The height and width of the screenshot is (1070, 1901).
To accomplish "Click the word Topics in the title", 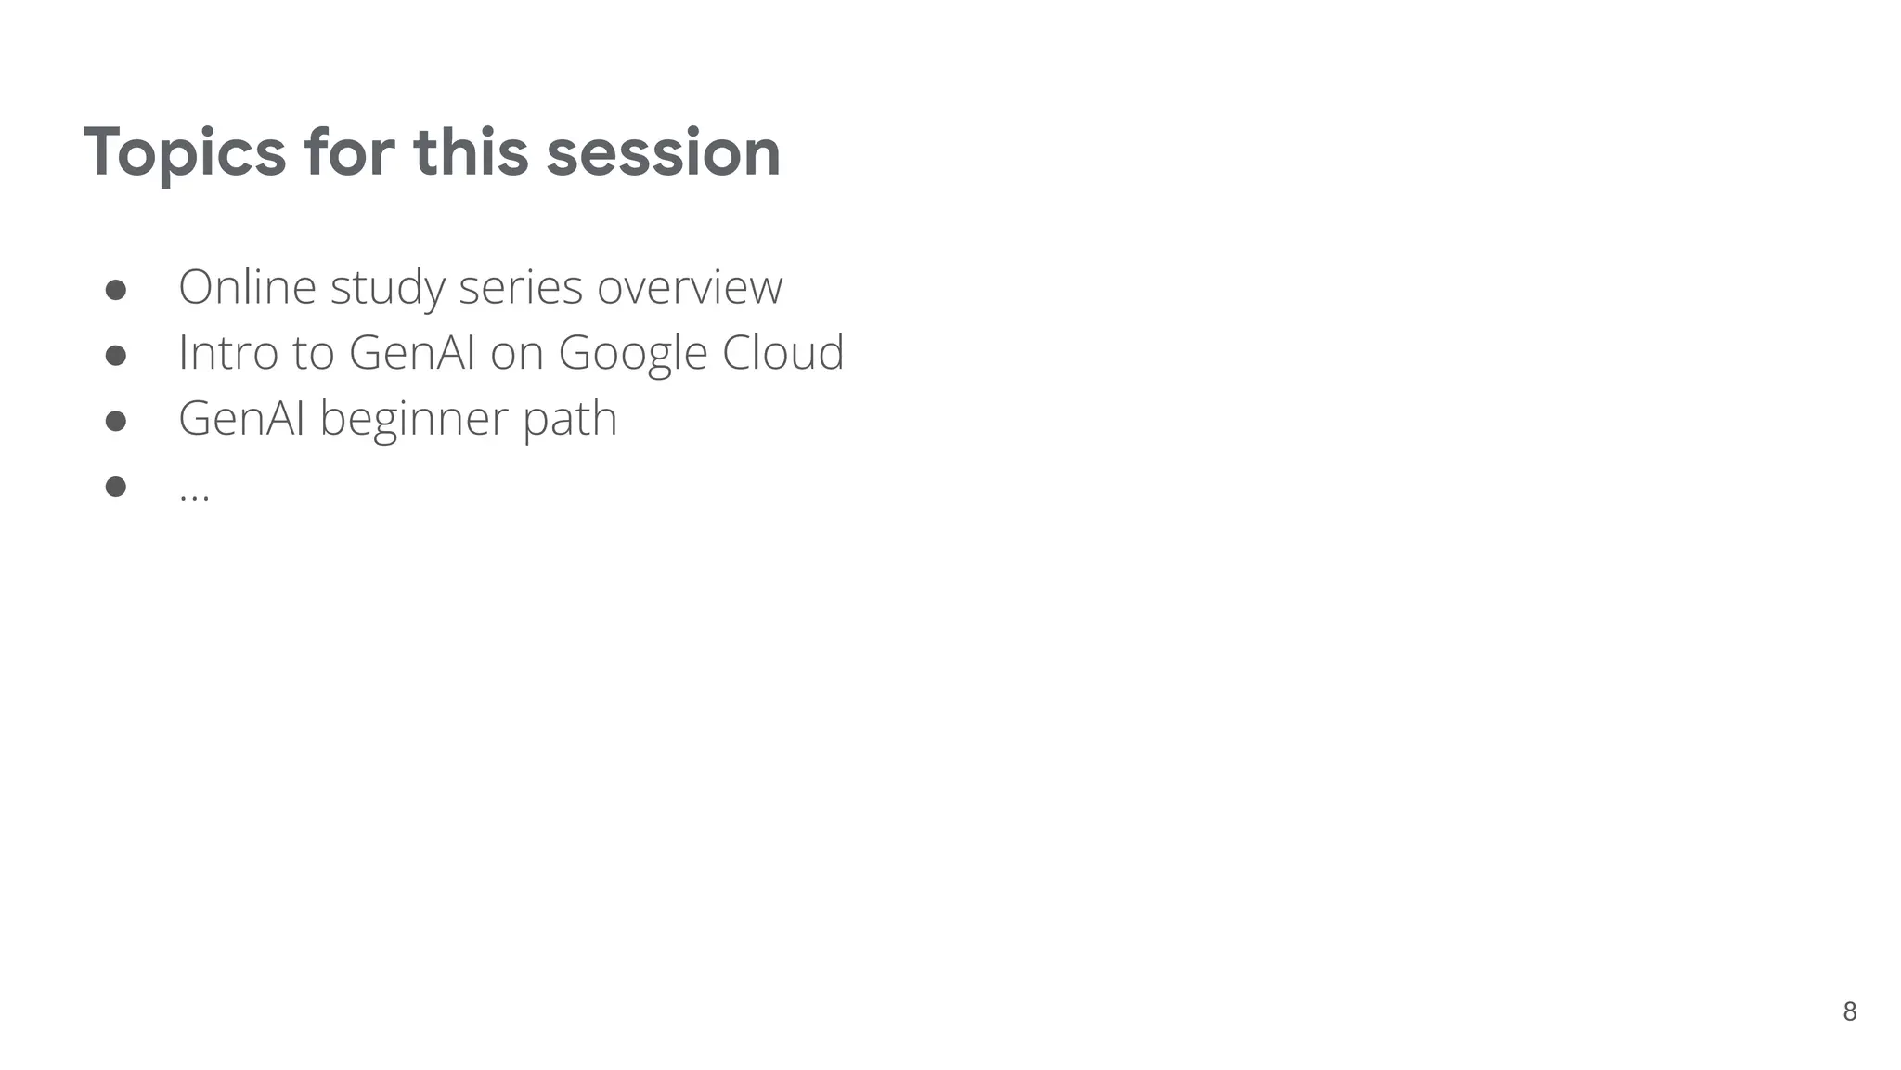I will click(185, 153).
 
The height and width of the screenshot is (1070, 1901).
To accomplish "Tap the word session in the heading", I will click(663, 153).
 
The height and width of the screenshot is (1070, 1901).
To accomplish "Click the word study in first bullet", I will click(387, 288).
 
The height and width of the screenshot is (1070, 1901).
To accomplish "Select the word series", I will click(520, 286).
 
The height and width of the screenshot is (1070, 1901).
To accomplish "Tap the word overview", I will click(690, 286).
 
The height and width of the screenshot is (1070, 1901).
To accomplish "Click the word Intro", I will click(227, 353).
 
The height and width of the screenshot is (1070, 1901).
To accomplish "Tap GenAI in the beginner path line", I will click(241, 419).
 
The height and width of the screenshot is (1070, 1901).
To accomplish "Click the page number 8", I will click(1849, 1011).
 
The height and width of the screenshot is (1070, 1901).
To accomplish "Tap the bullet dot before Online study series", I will click(116, 290).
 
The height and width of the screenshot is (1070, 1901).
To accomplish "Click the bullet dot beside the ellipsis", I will click(116, 487).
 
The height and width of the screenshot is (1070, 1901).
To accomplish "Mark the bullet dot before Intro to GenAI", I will click(116, 356).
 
